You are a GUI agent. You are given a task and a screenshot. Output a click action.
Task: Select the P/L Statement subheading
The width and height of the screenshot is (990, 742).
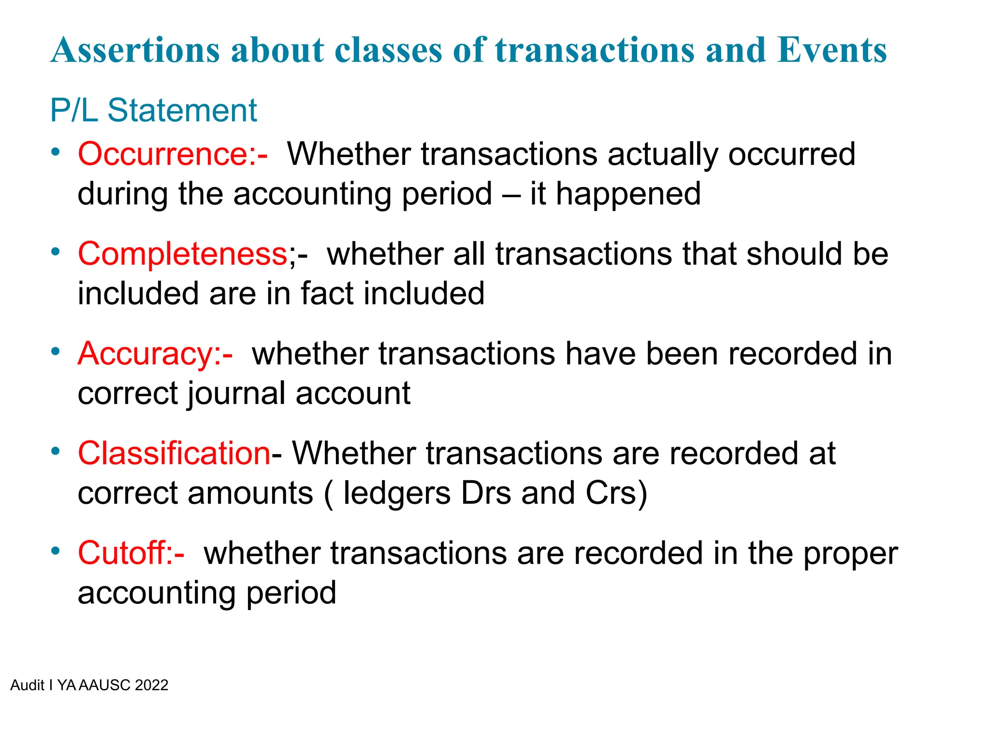coord(153,111)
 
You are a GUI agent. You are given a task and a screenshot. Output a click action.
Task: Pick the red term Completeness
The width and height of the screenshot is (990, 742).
coord(183,254)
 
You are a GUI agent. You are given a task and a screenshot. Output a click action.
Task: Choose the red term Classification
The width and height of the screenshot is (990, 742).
coord(174,454)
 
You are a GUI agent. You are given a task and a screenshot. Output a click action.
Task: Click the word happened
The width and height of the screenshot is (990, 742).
coord(628,194)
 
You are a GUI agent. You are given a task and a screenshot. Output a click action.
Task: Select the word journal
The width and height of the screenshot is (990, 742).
coord(237,394)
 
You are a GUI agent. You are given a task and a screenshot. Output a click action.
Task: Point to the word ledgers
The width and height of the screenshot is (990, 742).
coord(396,494)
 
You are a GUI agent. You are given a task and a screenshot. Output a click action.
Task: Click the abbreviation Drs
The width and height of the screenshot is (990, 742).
coord(486,494)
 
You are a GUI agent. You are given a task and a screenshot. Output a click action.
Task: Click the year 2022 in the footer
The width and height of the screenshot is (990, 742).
coord(151,685)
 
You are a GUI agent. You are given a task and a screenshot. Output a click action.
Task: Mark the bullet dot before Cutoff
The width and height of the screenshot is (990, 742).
coord(56,551)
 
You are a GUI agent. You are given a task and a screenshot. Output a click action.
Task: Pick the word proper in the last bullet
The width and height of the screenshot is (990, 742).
coord(850,554)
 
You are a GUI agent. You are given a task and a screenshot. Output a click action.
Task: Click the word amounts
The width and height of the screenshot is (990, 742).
coord(250,494)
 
